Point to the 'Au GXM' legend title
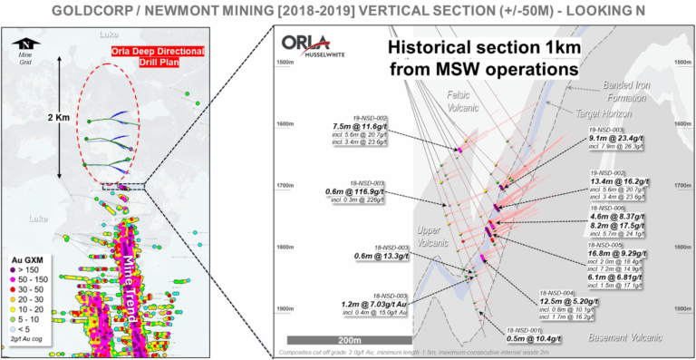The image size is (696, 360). coord(34,259)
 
